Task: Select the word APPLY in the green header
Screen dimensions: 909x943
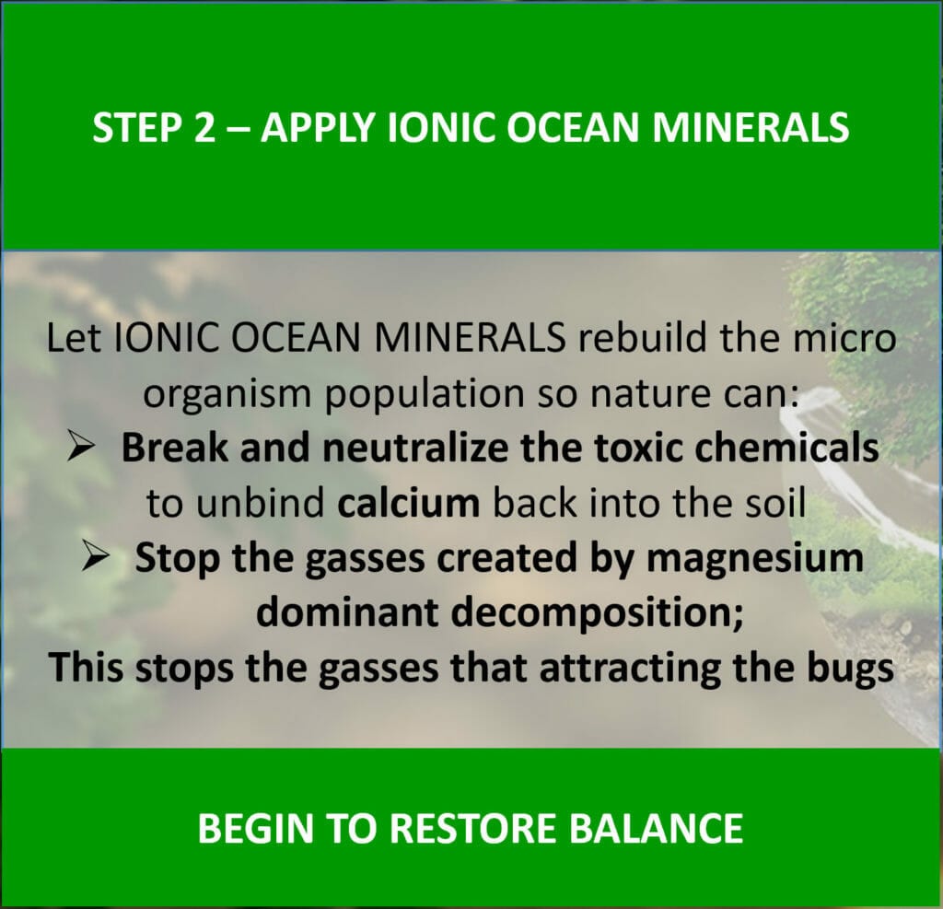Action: point(318,128)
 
